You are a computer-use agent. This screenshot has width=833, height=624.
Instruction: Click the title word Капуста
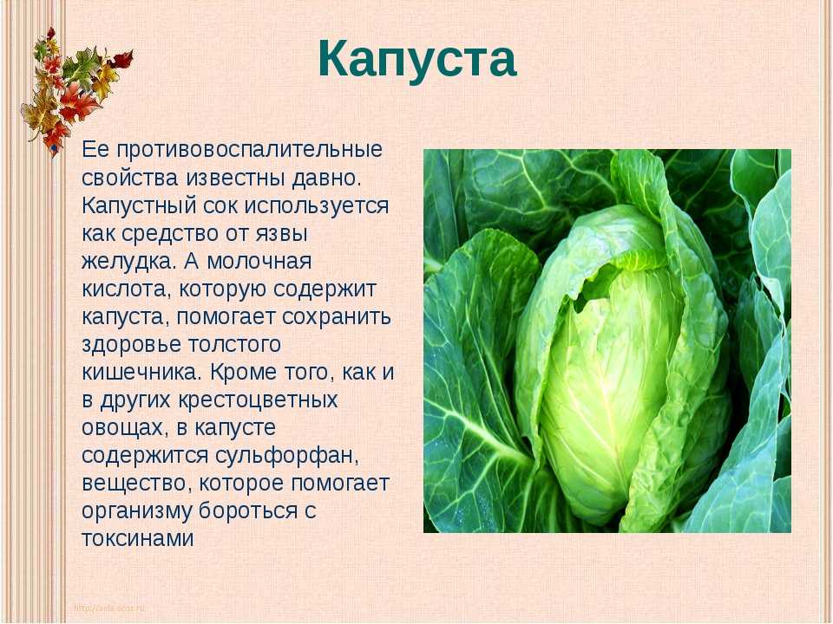click(417, 61)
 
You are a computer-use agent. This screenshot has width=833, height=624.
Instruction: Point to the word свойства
click(129, 178)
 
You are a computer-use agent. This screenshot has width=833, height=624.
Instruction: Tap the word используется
click(317, 206)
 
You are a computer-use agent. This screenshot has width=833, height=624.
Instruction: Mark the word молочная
click(259, 262)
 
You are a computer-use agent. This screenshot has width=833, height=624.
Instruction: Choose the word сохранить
click(337, 317)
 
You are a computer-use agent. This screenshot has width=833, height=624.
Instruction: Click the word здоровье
click(131, 345)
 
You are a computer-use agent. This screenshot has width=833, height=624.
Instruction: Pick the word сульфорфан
click(287, 456)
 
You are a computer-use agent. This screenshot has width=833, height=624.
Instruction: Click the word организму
click(137, 511)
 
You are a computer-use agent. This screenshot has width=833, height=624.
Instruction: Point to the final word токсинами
click(138, 538)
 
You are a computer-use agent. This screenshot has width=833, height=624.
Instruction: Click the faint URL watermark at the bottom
click(109, 608)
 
